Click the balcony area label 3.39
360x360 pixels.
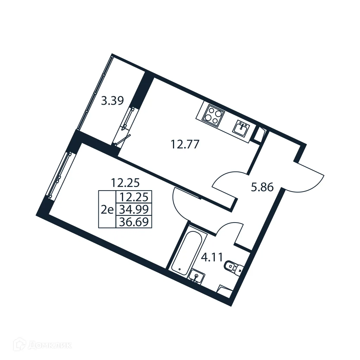tap(112, 101)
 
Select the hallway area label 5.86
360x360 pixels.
tap(262, 187)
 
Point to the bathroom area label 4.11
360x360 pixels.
tap(212, 257)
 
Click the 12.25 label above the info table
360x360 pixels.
tap(126, 183)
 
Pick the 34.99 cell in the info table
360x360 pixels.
tap(134, 210)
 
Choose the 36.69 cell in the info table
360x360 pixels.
tap(134, 222)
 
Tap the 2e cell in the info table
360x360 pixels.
tap(107, 210)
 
